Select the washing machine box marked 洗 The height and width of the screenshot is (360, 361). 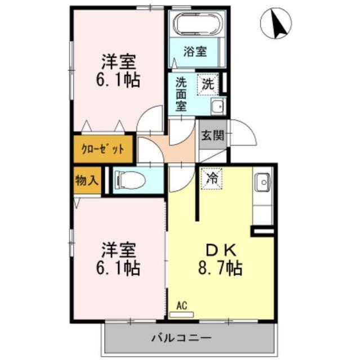click(x=208, y=85)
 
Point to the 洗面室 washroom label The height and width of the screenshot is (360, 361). click(x=180, y=94)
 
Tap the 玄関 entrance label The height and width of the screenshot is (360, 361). click(x=212, y=136)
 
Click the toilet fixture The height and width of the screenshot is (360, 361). click(x=129, y=180)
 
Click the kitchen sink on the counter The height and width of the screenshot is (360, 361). click(x=262, y=182)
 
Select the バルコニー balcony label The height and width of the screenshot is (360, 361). click(x=181, y=338)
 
